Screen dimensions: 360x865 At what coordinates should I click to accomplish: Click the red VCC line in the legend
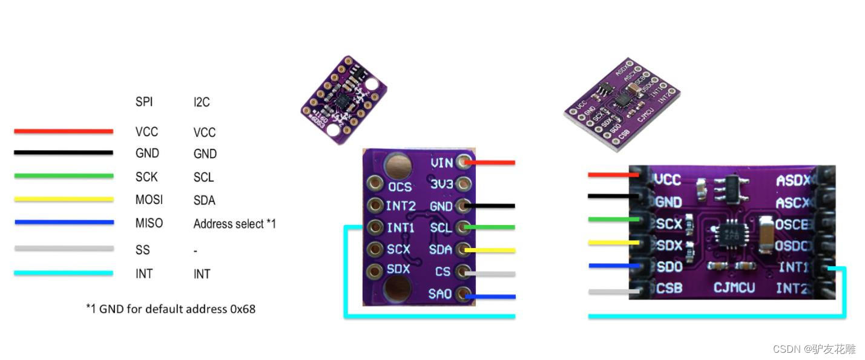coord(64,131)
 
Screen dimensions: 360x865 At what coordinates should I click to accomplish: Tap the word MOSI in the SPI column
coord(149,200)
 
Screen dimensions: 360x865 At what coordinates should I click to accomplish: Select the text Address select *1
coord(234,224)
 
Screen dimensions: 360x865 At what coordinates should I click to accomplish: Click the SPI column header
coord(144,102)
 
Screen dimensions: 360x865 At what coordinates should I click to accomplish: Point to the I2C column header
coord(202,102)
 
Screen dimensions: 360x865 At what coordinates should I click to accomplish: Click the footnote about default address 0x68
coord(171,309)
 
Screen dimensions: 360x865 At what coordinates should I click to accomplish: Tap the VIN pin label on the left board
coord(441,162)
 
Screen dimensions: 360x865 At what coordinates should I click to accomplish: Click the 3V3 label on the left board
coord(441,184)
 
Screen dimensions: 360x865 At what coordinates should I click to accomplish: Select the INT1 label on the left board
coord(400,228)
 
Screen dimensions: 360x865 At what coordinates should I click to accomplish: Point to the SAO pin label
coord(440,295)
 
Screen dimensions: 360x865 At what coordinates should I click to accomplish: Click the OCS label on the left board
coord(400,187)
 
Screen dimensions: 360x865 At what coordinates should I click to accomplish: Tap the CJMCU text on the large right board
coord(734,287)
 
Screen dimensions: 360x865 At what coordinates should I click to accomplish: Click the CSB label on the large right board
coord(669,287)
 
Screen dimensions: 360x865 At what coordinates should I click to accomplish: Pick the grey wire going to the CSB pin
coord(613,292)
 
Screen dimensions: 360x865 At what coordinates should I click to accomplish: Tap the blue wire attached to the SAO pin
coord(492,296)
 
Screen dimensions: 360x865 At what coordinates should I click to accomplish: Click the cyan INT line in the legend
coord(64,273)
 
